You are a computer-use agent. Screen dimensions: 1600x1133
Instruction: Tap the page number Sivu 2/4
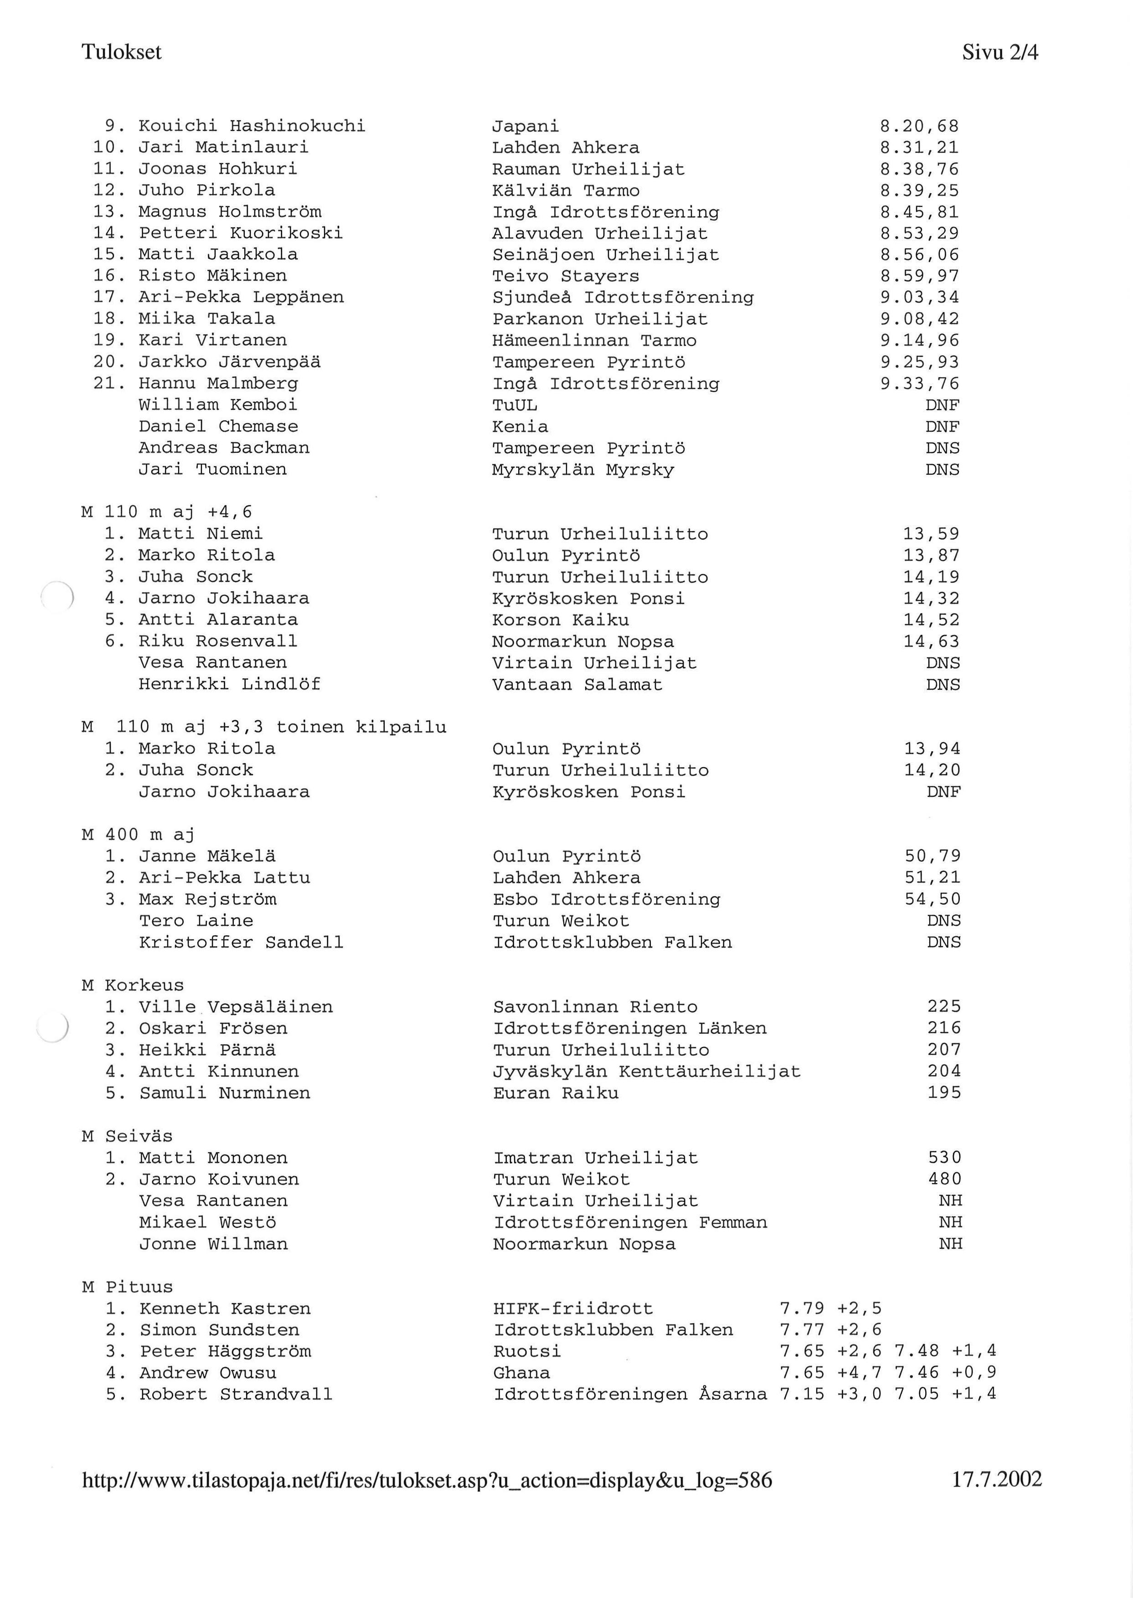[1000, 52]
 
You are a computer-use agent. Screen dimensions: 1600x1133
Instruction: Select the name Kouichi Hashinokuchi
[252, 126]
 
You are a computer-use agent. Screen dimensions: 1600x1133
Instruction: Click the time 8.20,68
[920, 126]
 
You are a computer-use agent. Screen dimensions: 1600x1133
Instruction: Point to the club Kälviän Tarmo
[566, 190]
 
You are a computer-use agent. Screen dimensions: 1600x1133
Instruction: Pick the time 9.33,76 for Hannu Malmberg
[920, 384]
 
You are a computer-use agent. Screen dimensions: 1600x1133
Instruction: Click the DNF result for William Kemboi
[942, 405]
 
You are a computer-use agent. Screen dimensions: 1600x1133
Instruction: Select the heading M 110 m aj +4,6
[167, 512]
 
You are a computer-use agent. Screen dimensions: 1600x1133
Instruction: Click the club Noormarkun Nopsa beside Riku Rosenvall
[582, 641]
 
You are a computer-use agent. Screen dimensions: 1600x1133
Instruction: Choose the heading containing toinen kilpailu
[264, 727]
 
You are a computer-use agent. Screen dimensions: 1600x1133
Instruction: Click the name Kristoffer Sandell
[241, 942]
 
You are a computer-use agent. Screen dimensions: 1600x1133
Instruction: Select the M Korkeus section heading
[133, 985]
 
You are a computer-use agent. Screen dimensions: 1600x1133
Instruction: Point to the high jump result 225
[944, 1006]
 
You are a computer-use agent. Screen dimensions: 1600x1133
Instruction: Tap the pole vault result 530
[945, 1158]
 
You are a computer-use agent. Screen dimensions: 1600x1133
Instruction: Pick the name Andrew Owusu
[208, 1373]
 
